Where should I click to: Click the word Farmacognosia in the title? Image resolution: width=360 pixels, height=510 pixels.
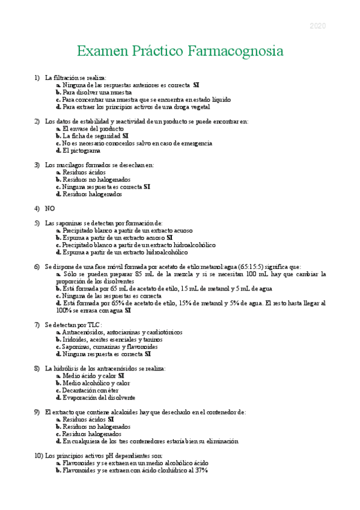point(236,51)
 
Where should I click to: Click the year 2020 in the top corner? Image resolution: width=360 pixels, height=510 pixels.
point(317,26)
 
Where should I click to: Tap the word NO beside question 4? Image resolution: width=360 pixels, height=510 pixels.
point(50,208)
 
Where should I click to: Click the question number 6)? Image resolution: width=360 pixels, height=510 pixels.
point(38,266)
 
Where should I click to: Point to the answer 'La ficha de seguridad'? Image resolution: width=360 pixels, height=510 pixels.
point(91,136)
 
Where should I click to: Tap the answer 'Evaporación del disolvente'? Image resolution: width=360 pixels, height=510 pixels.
point(99,397)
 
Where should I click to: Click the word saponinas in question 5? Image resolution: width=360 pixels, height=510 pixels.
point(68,223)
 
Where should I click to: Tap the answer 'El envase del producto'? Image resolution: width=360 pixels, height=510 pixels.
point(93,129)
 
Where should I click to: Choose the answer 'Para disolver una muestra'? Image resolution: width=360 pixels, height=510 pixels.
point(96,93)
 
